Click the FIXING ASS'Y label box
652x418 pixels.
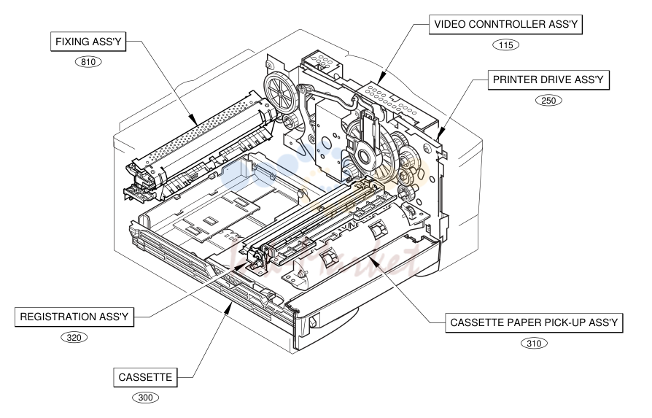pos(88,42)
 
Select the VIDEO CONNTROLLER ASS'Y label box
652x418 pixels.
pos(505,25)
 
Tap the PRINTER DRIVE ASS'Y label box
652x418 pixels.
pos(548,80)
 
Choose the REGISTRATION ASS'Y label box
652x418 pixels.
pos(74,317)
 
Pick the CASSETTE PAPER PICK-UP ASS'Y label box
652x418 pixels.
pos(534,322)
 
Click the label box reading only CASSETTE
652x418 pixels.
pos(145,377)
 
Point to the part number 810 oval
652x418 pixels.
pos(88,62)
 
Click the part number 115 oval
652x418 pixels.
pos(505,45)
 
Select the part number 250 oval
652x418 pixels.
pos(548,100)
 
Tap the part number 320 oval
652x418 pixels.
pos(74,337)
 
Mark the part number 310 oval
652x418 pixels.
pos(534,343)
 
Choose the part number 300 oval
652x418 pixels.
pos(145,398)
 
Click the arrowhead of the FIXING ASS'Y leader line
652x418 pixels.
pos(195,121)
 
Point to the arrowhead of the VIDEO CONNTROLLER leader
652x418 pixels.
pos(381,78)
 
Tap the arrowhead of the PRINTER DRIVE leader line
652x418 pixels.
pos(441,134)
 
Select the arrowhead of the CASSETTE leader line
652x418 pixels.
pos(229,307)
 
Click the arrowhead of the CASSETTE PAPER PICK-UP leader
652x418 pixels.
pos(373,260)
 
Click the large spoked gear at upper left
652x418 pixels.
pos(281,93)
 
